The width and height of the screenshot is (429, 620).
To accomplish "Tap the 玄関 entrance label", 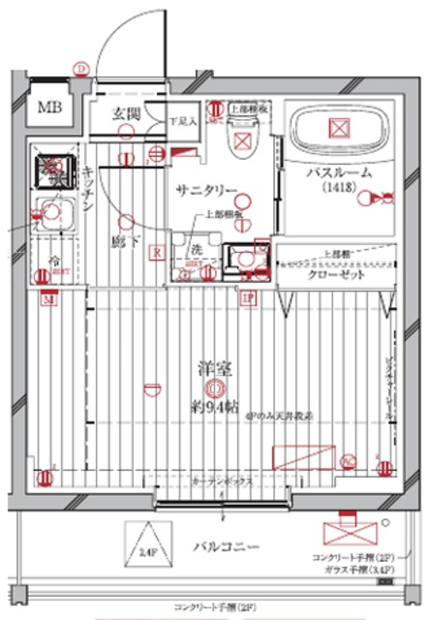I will (x=126, y=114).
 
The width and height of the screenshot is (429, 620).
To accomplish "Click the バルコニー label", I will (x=225, y=548).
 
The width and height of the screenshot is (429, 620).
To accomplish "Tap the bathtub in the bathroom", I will (x=338, y=129).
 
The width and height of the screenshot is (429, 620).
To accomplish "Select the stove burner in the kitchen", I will (x=48, y=171).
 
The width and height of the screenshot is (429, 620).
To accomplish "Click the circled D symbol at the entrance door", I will (x=82, y=67).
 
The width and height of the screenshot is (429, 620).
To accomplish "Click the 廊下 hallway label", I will (x=120, y=239).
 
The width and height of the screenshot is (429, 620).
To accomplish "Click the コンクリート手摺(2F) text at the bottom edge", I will (x=215, y=605).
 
